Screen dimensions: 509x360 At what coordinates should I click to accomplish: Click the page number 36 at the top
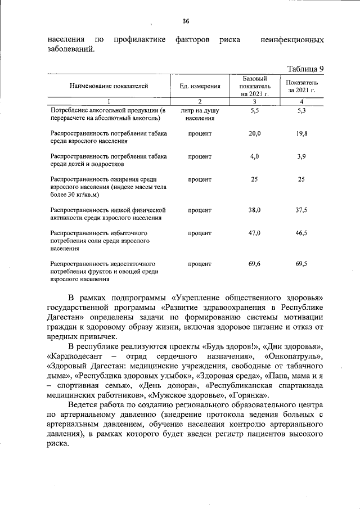point(186,21)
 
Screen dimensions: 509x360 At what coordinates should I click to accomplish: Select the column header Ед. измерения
point(200,86)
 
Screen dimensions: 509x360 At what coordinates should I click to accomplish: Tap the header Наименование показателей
point(109,86)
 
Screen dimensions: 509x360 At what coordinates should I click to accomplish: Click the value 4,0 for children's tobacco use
point(254,156)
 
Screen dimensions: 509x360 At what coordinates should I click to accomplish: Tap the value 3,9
point(301,156)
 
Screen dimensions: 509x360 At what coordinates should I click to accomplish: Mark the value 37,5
point(301,210)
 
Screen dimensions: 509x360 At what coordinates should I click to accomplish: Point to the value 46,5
point(301,232)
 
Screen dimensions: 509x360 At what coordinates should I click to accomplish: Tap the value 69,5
point(301,263)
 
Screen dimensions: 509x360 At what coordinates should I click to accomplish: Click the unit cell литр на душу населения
point(200,115)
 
